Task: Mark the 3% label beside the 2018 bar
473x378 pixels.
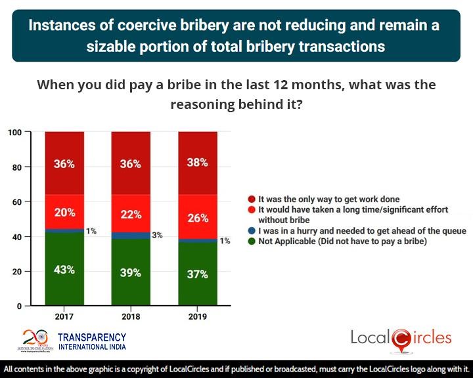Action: click(x=158, y=234)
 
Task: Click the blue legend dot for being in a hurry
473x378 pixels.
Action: click(x=252, y=230)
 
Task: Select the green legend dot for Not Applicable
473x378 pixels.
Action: click(x=252, y=241)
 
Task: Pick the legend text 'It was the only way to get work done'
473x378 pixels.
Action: click(x=328, y=199)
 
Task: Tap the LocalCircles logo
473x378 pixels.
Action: click(x=401, y=338)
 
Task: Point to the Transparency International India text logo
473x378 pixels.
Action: click(x=92, y=341)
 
